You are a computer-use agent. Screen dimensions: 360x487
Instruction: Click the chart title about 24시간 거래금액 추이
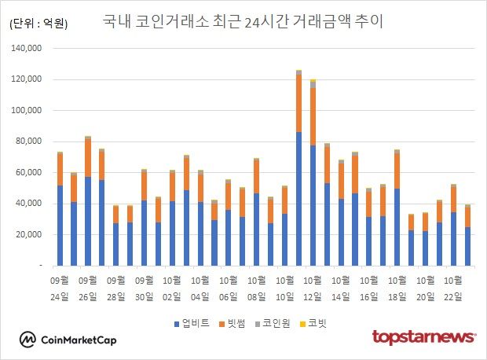coord(243,21)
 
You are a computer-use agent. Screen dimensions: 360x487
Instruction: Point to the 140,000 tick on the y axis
coord(27,49)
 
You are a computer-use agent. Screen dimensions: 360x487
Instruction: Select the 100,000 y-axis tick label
coord(27,111)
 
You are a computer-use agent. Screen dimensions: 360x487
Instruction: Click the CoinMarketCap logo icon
coord(28,340)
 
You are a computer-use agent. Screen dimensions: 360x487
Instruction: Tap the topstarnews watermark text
coord(423,337)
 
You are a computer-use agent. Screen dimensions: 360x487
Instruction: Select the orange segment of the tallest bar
coord(298,103)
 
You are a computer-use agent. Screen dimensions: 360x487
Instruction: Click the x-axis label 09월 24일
coord(60,288)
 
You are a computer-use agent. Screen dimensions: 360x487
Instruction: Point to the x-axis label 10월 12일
coord(313,288)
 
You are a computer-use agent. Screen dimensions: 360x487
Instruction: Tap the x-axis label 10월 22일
coord(453,288)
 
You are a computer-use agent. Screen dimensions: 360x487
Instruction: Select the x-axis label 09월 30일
coord(145,288)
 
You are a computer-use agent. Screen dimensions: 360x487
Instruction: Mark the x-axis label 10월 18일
coord(397,288)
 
